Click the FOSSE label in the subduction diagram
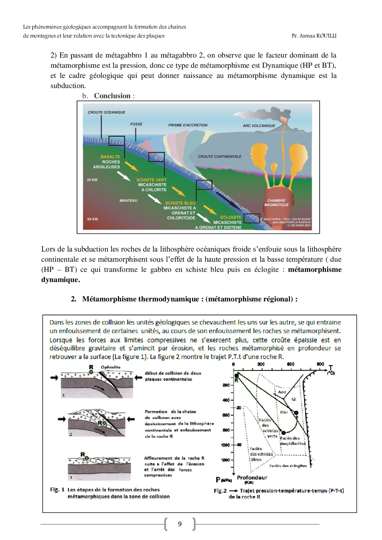click(x=136, y=124)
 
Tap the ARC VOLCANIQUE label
click(x=259, y=126)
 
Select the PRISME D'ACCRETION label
click(x=188, y=125)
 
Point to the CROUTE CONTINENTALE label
click(x=219, y=156)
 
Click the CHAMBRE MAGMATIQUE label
click(x=276, y=203)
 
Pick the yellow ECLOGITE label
click(x=231, y=217)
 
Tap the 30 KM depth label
click(x=92, y=180)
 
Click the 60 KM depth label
click(x=92, y=219)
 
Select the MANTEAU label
click(x=128, y=200)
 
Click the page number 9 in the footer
click(x=180, y=524)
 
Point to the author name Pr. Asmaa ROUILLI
click(x=314, y=36)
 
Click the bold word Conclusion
click(x=112, y=96)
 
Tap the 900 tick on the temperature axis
click(x=320, y=364)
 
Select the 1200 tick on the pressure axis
click(x=226, y=460)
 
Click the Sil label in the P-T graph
click(x=294, y=399)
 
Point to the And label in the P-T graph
click(x=282, y=392)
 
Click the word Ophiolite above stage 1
click(x=111, y=367)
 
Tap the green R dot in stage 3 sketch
click(x=87, y=458)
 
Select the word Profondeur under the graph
click(x=252, y=478)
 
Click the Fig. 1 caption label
click(x=57, y=490)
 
